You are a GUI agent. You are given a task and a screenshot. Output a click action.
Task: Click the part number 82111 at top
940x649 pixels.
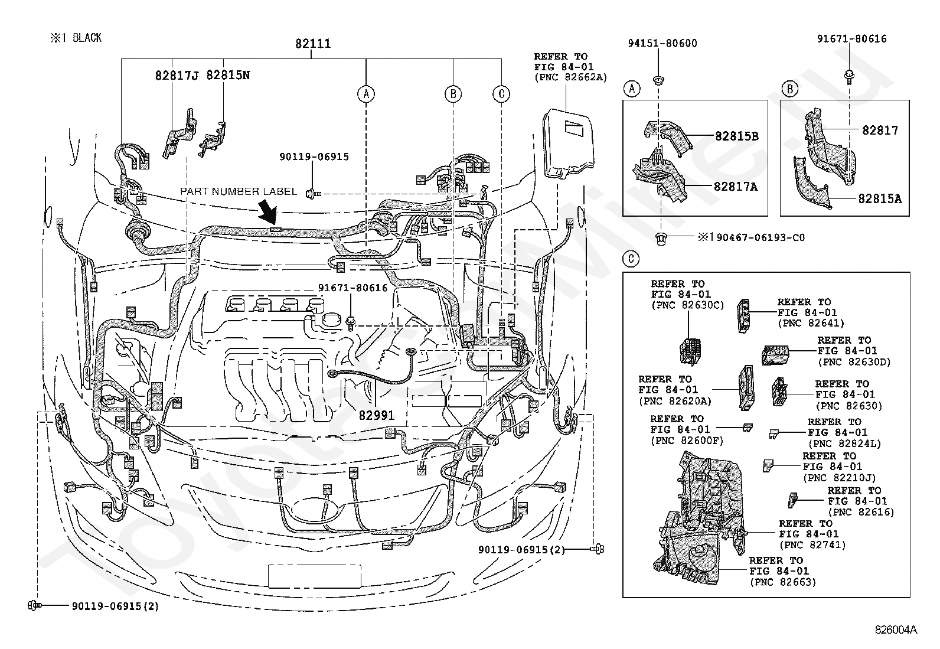[312, 43]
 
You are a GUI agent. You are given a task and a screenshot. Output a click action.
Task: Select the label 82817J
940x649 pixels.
[177, 75]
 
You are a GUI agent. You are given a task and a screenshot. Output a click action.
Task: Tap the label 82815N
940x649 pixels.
[228, 75]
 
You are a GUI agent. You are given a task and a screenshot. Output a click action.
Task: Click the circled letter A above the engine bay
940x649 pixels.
[366, 94]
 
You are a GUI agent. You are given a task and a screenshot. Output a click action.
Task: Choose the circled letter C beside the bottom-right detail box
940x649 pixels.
[631, 259]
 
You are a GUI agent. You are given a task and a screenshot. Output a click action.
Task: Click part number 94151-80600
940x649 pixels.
[662, 43]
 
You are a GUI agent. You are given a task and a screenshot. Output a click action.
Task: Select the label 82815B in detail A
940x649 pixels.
[736, 136]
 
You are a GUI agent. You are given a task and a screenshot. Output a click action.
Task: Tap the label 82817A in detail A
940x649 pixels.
[736, 187]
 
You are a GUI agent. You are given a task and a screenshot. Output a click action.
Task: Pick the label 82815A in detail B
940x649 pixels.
[880, 198]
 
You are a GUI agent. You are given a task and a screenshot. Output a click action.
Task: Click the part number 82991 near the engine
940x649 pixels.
[377, 416]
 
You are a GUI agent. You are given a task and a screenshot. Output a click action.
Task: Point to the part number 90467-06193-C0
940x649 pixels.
[761, 237]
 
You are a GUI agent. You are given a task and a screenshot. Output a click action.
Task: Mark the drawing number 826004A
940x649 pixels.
[896, 630]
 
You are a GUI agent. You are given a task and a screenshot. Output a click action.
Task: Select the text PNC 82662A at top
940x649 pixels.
[571, 78]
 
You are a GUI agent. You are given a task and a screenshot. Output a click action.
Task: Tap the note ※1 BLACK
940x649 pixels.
[76, 38]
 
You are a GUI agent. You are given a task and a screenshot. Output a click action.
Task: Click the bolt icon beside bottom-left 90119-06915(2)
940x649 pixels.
[34, 605]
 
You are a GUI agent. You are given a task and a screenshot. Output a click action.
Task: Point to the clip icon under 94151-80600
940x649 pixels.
[658, 79]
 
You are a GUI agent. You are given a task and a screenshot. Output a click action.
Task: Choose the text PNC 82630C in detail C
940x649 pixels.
[688, 305]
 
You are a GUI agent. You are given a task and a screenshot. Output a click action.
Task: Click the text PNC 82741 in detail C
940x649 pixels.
[813, 545]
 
